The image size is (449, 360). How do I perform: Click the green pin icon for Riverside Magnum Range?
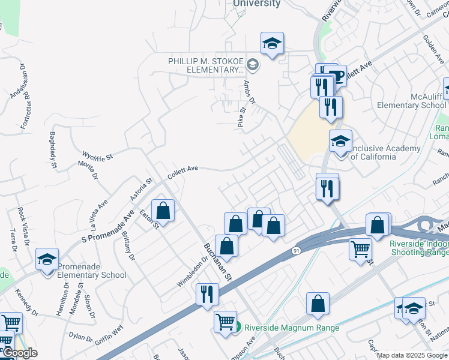point(237,328)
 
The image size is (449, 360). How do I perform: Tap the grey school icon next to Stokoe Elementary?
point(253,65)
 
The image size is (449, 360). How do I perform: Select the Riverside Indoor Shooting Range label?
point(418,248)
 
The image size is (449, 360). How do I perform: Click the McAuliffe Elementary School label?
point(412,100)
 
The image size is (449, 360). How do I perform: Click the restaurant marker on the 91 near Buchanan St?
point(207,294)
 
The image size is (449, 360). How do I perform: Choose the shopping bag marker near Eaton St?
point(163,211)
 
